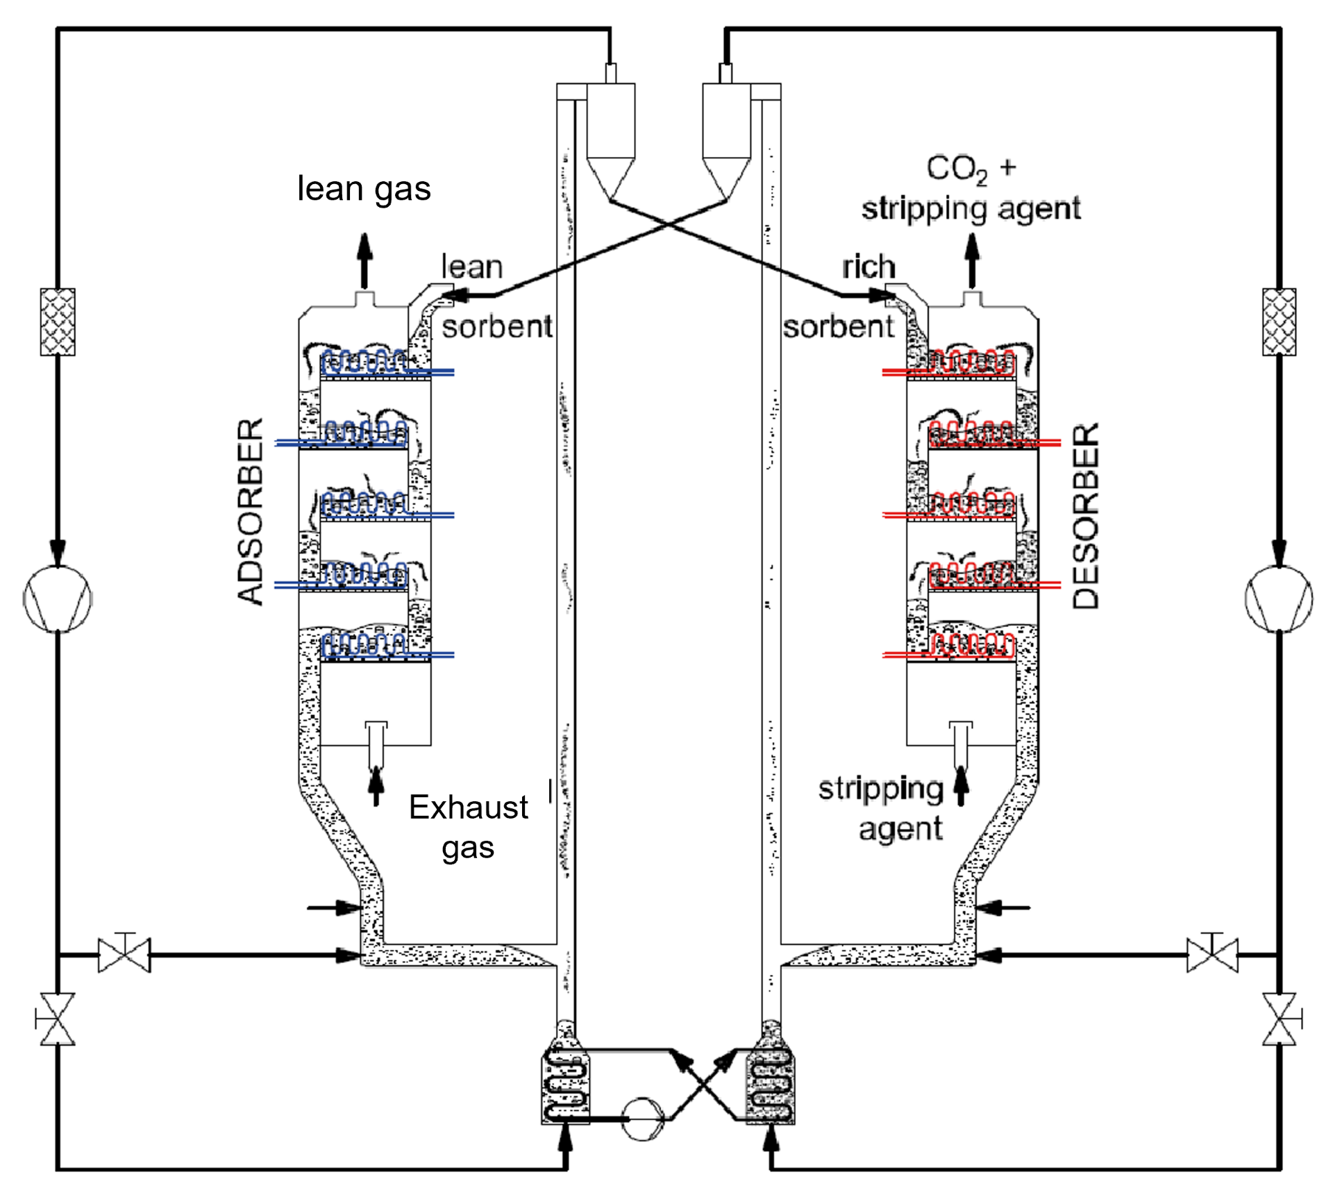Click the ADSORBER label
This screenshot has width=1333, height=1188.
pyautogui.click(x=251, y=512)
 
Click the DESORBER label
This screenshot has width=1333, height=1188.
pyautogui.click(x=1086, y=516)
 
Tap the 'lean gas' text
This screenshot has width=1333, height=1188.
pyautogui.click(x=364, y=189)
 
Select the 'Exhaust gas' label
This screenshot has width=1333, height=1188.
pyautogui.click(x=469, y=827)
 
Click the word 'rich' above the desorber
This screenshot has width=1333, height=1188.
pyautogui.click(x=869, y=267)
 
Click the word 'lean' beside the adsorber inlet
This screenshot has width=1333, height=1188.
pyautogui.click(x=472, y=267)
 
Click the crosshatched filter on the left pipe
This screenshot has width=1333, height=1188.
pyautogui.click(x=58, y=322)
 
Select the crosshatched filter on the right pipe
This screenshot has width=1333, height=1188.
pyautogui.click(x=1279, y=322)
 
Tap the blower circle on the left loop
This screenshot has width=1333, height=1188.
pyautogui.click(x=58, y=599)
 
